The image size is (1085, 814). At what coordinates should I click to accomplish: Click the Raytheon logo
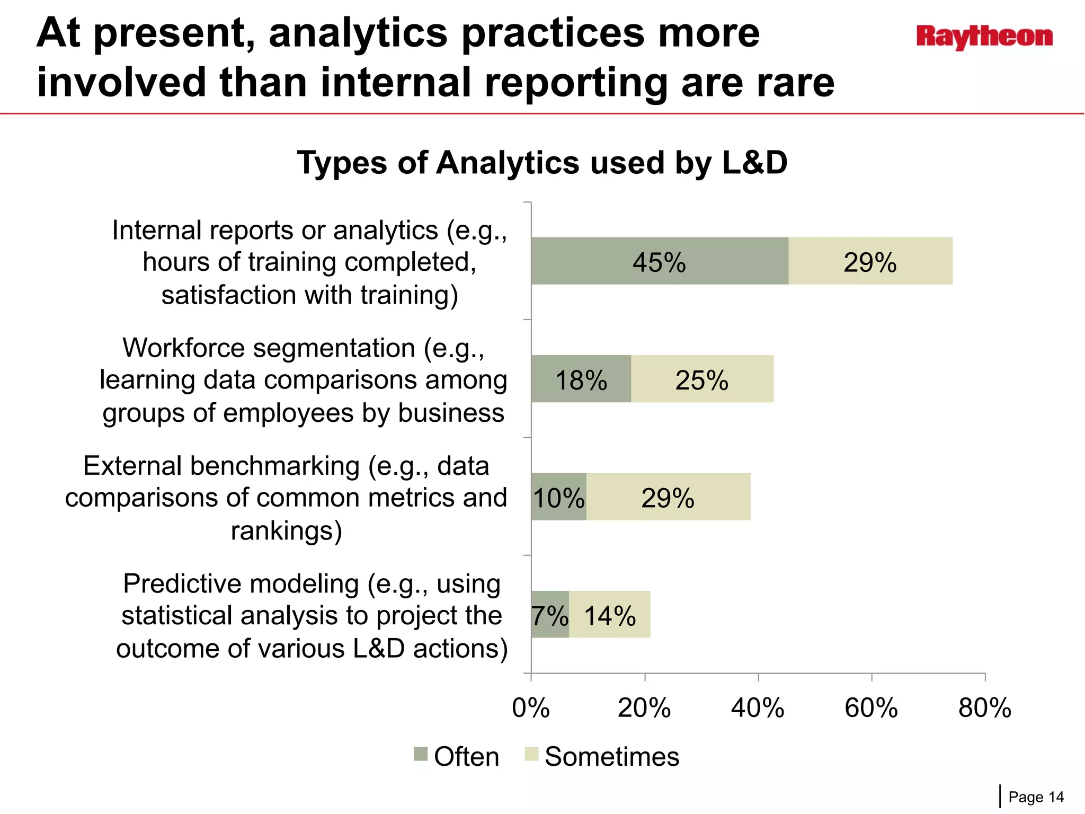(x=984, y=37)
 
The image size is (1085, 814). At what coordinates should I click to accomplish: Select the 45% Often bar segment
(x=660, y=261)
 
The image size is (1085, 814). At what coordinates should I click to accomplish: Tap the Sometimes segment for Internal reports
(x=870, y=261)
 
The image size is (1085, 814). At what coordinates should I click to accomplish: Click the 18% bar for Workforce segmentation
(x=581, y=379)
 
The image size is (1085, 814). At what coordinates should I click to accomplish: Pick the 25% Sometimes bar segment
(x=702, y=379)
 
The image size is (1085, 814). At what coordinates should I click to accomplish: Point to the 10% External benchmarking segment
(x=559, y=497)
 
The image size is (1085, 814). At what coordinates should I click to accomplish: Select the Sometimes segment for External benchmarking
(x=668, y=497)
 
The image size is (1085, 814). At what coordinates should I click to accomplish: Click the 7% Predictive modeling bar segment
(x=550, y=615)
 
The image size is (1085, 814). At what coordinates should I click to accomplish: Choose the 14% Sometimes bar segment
(x=610, y=615)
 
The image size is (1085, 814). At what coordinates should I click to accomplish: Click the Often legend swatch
(x=421, y=754)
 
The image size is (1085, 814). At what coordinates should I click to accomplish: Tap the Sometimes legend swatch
(x=531, y=754)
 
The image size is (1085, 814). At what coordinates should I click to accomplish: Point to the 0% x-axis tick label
(x=531, y=708)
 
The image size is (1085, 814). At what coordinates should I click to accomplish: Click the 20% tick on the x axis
(x=644, y=708)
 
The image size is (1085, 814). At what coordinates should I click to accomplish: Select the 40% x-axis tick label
(x=758, y=708)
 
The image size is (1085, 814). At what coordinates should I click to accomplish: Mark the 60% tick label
(x=871, y=708)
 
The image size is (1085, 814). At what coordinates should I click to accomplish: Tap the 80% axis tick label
(x=984, y=708)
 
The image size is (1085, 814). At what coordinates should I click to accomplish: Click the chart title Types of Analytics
(x=542, y=163)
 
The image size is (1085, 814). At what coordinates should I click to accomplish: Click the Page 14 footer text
(x=1036, y=797)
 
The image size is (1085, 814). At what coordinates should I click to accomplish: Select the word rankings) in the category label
(x=287, y=530)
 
